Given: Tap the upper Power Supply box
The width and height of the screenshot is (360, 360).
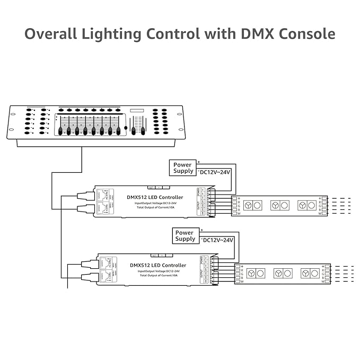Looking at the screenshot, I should point(183,168).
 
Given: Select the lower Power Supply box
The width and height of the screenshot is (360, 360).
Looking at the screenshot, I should point(185,236).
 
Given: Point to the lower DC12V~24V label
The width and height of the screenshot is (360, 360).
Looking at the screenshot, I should point(217,240).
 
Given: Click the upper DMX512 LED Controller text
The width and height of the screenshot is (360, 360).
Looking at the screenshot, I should point(154,197).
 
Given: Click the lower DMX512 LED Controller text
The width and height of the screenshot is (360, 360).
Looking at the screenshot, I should point(158,265).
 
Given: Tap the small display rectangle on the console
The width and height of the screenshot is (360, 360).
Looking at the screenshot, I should point(137,110).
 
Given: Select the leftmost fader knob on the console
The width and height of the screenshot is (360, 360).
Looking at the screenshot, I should point(60,130).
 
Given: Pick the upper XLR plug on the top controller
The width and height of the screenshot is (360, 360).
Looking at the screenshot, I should point(85,196).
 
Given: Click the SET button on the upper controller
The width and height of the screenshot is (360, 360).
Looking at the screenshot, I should point(151,187).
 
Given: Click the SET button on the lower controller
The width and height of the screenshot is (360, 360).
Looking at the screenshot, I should point(154,256).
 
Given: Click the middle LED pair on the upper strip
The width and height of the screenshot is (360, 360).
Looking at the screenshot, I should point(279,205).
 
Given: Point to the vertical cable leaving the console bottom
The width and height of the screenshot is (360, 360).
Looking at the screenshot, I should point(82,159).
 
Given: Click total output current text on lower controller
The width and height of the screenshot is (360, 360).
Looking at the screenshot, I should point(159,276).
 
